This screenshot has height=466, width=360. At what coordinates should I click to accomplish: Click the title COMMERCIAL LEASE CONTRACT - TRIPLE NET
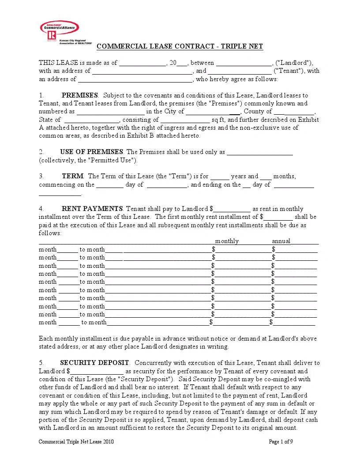point(180,47)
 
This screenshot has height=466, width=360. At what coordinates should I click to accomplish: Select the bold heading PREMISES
point(80,95)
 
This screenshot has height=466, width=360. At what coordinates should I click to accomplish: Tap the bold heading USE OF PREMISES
point(92,152)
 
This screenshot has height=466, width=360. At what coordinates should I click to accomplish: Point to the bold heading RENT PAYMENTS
point(92,209)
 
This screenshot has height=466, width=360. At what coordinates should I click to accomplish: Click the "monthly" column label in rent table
point(227,241)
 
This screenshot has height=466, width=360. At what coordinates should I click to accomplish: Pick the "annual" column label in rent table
point(281,241)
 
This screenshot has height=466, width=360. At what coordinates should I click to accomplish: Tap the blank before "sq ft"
point(185,120)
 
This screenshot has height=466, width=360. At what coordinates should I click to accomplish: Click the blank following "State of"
point(92,120)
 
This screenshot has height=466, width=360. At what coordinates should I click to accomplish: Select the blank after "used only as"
point(260,152)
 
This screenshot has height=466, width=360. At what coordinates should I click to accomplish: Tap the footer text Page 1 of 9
point(281,442)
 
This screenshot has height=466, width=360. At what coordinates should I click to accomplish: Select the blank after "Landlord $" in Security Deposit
point(97,372)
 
